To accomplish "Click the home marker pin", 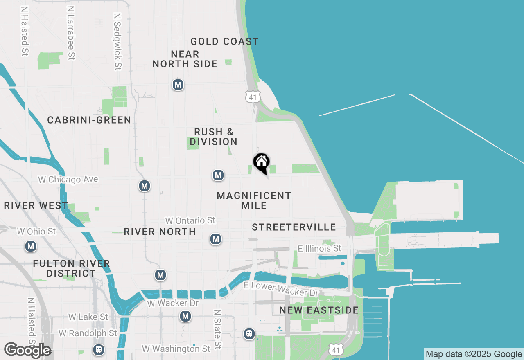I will click(261, 163).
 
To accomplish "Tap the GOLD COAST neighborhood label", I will click(224, 41).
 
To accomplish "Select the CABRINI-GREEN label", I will click(89, 120).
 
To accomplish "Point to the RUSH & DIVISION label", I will click(214, 137).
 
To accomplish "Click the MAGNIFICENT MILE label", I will click(254, 200).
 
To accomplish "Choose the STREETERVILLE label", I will click(294, 227).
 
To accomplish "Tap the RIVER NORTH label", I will click(160, 232).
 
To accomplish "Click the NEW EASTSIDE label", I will click(319, 310).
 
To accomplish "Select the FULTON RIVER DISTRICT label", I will click(72, 268).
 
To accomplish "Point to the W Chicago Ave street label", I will click(68, 180).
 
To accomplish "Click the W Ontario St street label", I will click(190, 220).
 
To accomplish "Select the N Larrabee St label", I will click(71, 33).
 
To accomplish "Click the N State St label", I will click(218, 329).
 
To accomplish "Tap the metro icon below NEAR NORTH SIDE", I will click(178, 85).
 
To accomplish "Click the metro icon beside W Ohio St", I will click(31, 247).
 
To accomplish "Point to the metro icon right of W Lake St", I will click(185, 316).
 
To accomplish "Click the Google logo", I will click(27, 350).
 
